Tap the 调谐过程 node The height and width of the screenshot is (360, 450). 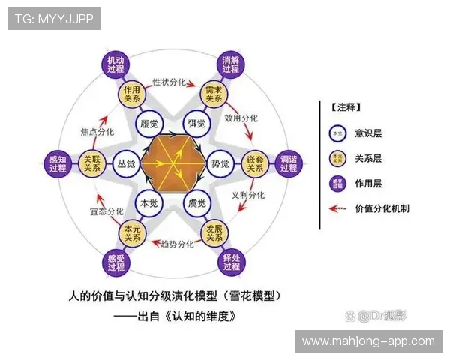coord(289,163)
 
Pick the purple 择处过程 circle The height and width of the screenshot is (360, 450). coord(231,262)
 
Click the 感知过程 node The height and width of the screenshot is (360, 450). coord(58,163)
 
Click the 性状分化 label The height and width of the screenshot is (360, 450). coord(169,81)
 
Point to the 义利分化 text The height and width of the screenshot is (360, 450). coord(248,195)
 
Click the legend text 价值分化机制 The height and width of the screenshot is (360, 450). coord(382,209)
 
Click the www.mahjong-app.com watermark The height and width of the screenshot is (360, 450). coord(368,341)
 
